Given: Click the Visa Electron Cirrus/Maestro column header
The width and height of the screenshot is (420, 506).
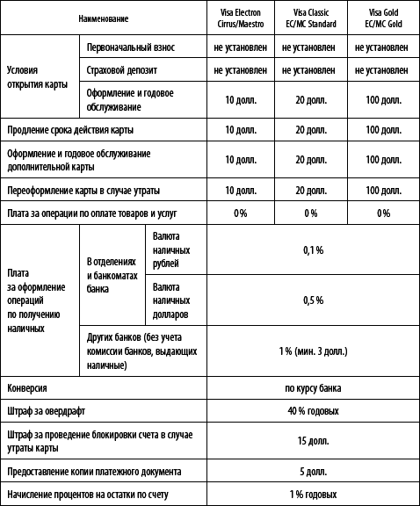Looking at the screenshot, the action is (242, 16).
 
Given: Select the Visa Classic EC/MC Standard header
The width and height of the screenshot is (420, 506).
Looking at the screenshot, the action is (310, 16).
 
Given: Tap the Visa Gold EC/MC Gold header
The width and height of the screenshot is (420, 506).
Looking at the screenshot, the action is (383, 16).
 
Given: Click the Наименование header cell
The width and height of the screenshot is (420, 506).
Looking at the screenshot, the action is (103, 16).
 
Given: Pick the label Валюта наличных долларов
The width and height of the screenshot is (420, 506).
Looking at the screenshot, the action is (172, 300).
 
